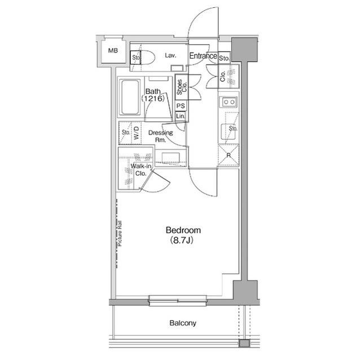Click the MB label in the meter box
coord(113,50)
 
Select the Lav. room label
coord(170,55)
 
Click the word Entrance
coord(203,56)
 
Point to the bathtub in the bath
coord(130,97)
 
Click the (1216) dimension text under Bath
coord(153,99)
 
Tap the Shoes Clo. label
coord(182,87)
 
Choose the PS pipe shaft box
coord(180,106)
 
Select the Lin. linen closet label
coord(180,116)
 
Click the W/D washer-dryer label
coord(137,133)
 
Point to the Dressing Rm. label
coord(160,136)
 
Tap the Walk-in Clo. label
coord(141,170)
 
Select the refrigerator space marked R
coord(228,155)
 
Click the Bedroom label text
coord(183,230)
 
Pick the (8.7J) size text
coord(182,241)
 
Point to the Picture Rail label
coord(120,234)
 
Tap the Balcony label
coord(183,323)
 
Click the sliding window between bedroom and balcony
coord(178,301)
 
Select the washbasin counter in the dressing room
coord(170,158)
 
